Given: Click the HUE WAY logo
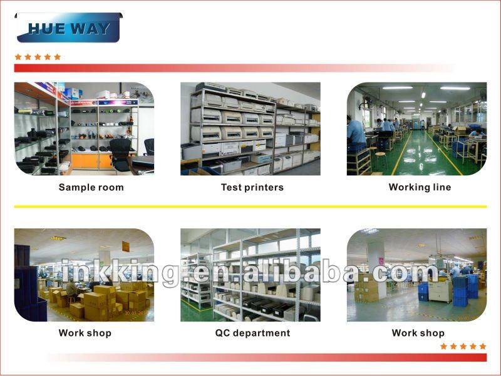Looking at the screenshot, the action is click(69, 28).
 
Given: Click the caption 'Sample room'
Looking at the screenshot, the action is click(91, 187).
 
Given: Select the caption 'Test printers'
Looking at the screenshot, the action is click(252, 187).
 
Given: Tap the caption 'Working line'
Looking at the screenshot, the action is click(420, 187).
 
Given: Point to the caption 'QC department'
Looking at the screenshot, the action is click(252, 333).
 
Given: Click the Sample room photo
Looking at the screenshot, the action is click(84, 129).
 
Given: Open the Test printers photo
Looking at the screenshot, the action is click(250, 129).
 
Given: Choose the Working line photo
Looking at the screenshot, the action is click(416, 129).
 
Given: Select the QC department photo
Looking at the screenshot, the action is click(250, 275).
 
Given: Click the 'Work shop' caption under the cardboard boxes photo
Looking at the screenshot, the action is click(85, 333).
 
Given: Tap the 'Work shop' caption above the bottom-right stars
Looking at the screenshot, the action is click(418, 333).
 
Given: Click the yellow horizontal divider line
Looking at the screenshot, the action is click(250, 206).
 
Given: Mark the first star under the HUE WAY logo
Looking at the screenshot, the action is click(18, 57).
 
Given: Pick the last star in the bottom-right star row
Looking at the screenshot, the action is click(483, 347).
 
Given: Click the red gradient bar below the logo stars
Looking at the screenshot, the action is click(235, 68).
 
